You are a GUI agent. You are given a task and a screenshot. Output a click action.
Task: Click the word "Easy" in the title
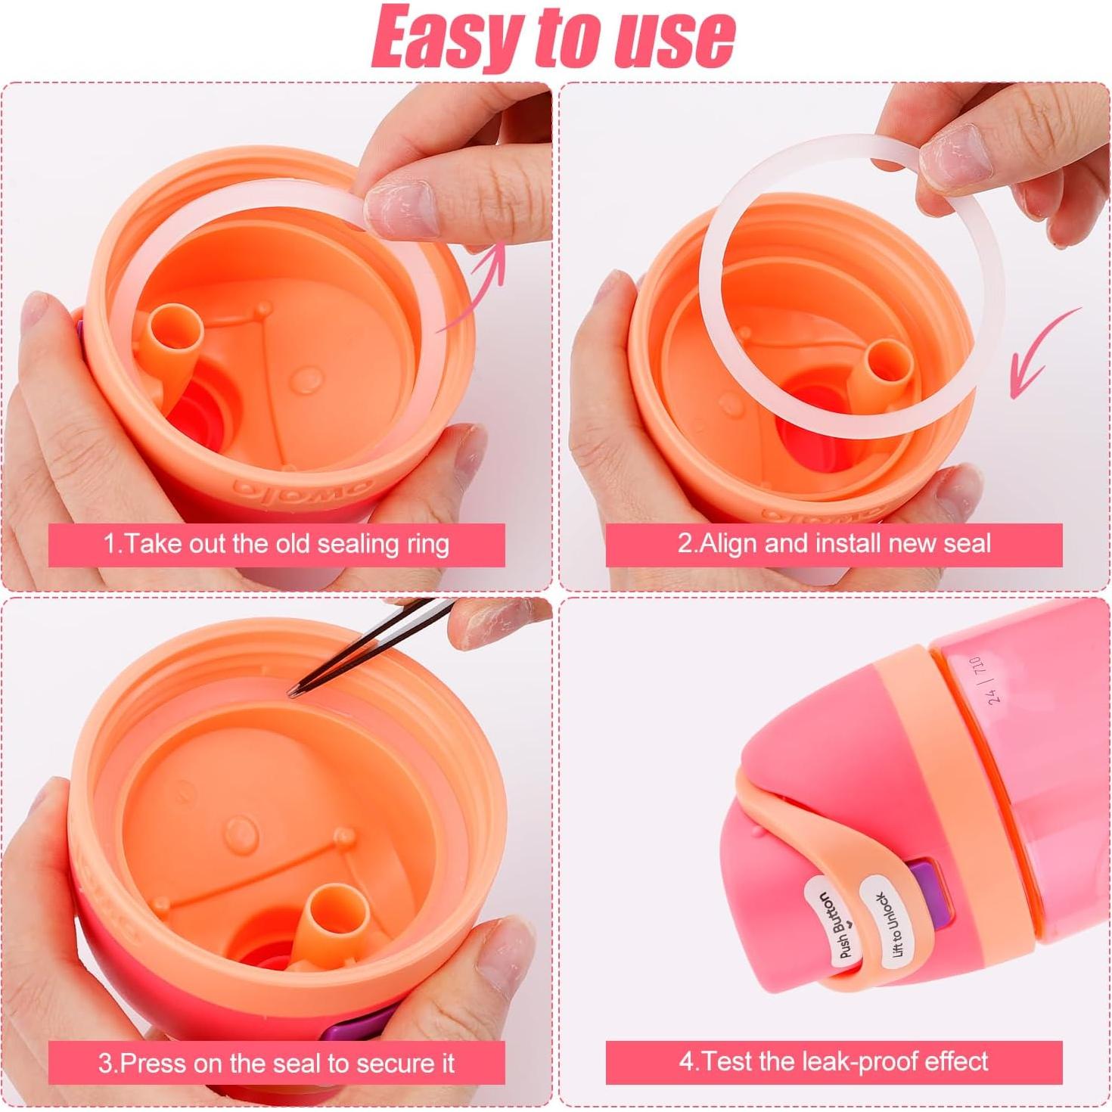coord(446,36)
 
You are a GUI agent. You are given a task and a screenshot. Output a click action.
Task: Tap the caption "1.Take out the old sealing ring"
coord(276,544)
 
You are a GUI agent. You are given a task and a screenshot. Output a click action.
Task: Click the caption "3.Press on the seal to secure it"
coord(276,1063)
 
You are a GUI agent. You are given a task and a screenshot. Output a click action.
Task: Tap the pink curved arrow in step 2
coord(1044,356)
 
